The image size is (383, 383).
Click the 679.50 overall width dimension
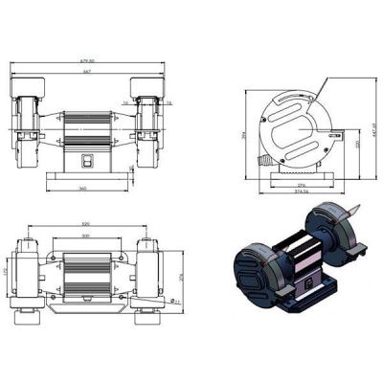(87, 62)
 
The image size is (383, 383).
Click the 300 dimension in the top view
(85, 236)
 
